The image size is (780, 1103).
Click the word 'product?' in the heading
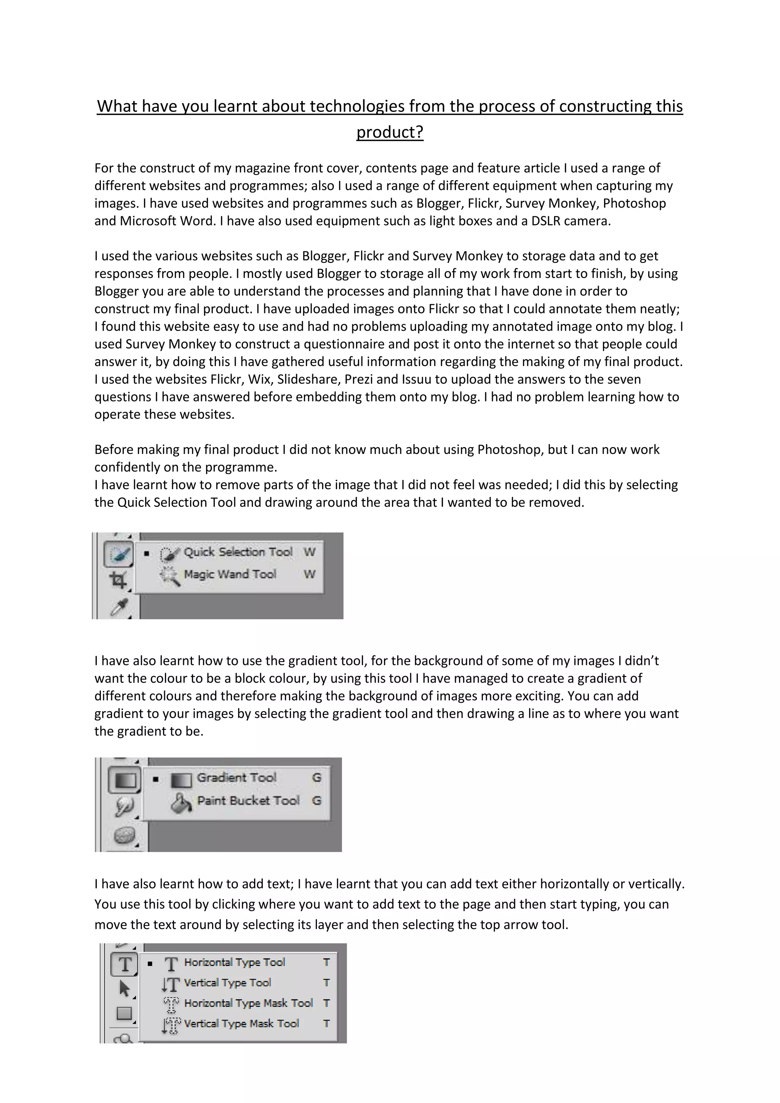click(390, 132)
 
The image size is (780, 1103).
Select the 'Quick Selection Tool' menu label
click(238, 552)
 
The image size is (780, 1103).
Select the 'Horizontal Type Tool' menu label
click(234, 962)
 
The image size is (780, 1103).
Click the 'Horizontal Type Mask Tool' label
click(248, 1003)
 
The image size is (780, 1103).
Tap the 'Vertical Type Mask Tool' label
click(241, 1024)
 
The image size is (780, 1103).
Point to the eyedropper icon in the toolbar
click(118, 608)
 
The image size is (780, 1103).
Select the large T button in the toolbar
click(125, 964)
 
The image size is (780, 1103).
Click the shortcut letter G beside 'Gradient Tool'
click(316, 778)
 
